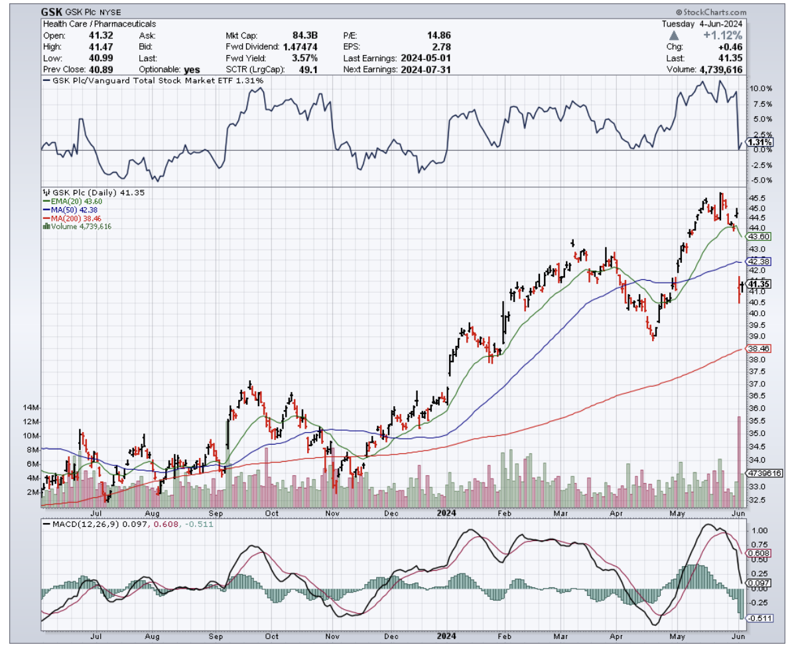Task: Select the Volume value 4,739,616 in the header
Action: click(x=720, y=69)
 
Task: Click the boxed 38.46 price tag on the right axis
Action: click(x=758, y=348)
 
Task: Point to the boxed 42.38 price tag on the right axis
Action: click(x=758, y=261)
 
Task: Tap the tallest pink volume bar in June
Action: click(x=739, y=458)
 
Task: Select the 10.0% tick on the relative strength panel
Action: click(x=761, y=89)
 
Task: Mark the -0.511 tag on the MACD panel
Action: click(x=758, y=618)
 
